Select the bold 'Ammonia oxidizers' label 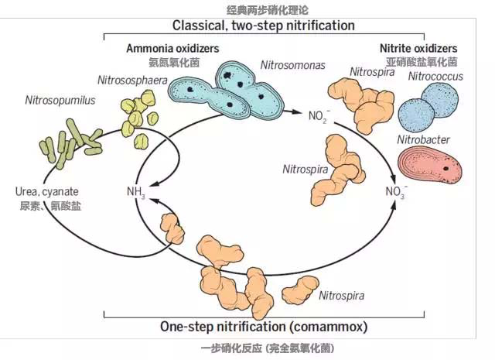[172, 48]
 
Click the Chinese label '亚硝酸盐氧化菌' [422, 61]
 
